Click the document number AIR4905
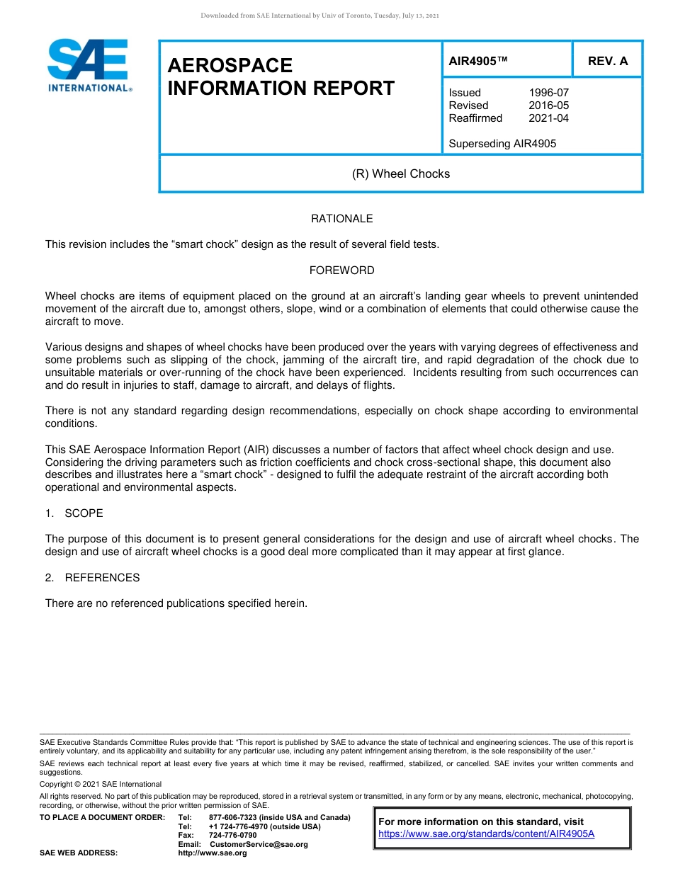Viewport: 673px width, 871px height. point(478,61)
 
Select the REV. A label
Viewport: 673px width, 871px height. point(607,61)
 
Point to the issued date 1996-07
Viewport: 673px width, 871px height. point(548,93)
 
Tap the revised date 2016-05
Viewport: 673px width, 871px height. point(548,106)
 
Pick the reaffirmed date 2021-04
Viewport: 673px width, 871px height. point(548,118)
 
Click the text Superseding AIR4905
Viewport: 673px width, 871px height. point(502,144)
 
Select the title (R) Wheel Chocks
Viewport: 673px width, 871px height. point(401,173)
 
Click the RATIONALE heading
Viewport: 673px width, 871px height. point(341,219)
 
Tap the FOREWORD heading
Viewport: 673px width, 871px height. point(341,271)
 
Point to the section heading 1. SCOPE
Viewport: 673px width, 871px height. point(74,513)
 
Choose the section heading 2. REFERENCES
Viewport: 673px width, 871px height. point(92,578)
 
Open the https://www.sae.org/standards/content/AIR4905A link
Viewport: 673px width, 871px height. point(486,834)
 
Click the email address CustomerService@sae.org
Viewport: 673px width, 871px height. point(259,844)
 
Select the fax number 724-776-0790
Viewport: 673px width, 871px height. point(232,836)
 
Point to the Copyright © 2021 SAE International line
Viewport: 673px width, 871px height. point(100,784)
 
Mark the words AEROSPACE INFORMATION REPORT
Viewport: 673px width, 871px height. point(281,76)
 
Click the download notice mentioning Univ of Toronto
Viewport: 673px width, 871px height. point(320,16)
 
